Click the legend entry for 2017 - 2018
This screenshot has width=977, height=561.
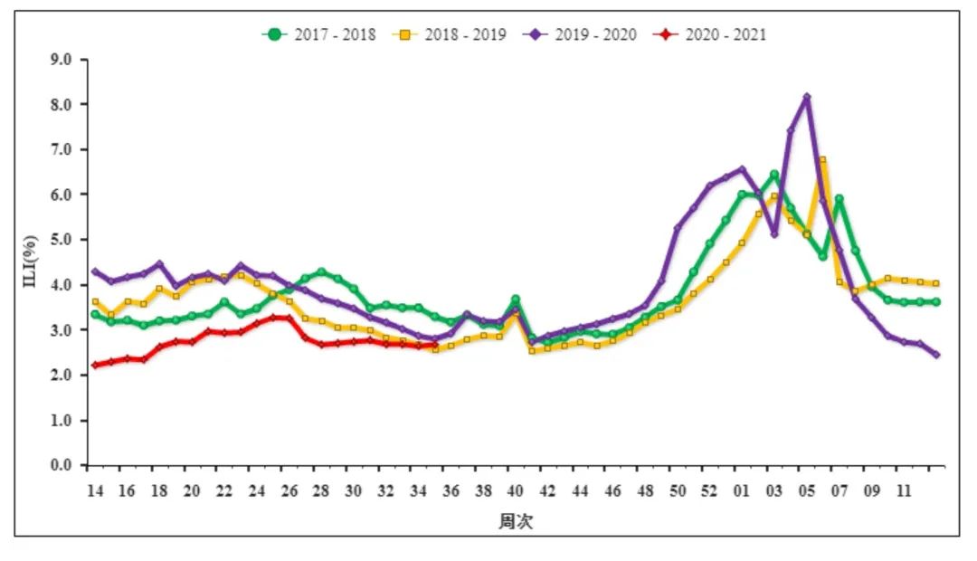point(319,34)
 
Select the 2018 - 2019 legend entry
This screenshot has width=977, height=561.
point(450,34)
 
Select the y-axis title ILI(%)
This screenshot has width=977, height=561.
point(31,262)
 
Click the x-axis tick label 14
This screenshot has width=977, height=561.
point(94,491)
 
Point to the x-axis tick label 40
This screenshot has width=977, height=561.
point(516,491)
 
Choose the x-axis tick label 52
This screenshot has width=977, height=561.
point(709,491)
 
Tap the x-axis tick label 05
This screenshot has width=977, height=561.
point(806,491)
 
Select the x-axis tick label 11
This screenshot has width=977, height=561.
point(903,491)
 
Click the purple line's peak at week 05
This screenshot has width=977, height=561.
point(806,97)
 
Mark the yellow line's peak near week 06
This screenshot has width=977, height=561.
point(822,160)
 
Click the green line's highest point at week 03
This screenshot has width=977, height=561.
point(774,175)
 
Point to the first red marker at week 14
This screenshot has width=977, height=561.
point(95,365)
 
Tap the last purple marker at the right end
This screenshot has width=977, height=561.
point(935,355)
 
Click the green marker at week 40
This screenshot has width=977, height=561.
point(516,300)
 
